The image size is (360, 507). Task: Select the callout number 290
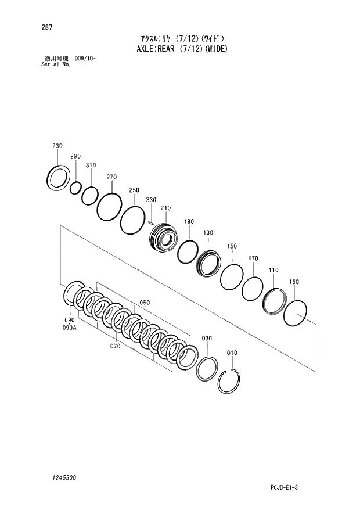[x=75, y=157]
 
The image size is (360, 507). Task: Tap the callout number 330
[x=151, y=200]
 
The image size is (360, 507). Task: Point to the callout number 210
[x=165, y=208]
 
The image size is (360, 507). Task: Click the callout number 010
[x=232, y=353]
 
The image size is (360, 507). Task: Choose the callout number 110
[x=273, y=270]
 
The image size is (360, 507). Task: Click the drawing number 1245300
[x=54, y=477]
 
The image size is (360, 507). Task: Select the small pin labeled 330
[x=150, y=222]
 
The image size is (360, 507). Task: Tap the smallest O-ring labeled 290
[x=75, y=188]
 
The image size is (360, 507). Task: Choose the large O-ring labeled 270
[x=109, y=206]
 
